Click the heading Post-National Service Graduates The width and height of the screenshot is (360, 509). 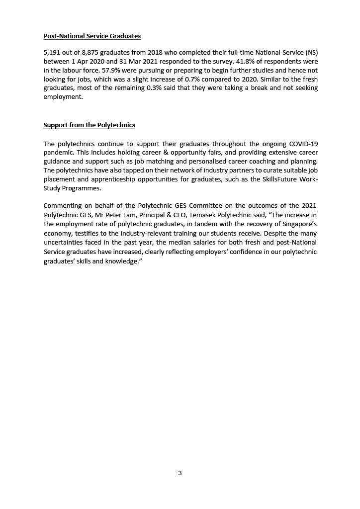point(92,36)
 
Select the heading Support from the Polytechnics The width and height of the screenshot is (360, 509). point(89,125)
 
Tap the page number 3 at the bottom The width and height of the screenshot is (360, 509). point(180,473)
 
